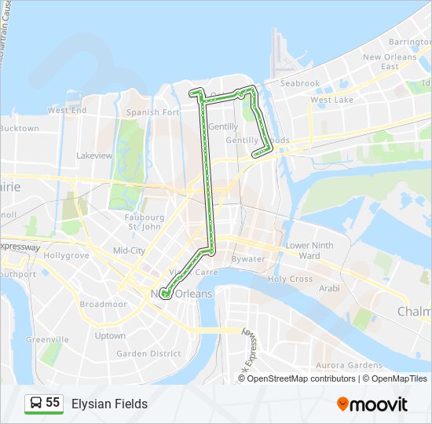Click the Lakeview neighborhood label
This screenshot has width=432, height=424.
click(x=94, y=155)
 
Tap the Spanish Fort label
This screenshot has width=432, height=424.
click(x=154, y=112)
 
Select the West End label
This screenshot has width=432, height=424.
click(x=67, y=111)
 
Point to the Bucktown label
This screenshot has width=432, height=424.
click(x=19, y=128)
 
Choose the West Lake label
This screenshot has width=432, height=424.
click(x=331, y=100)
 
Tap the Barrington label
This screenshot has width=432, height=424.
click(x=409, y=42)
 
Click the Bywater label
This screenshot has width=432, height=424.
click(x=249, y=258)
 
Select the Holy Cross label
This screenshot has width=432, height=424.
click(x=290, y=279)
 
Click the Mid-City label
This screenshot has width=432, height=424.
click(x=129, y=250)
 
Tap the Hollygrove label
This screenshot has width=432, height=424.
click(x=64, y=256)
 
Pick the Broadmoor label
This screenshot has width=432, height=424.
click(x=103, y=304)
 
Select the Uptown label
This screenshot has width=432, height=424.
click(x=110, y=335)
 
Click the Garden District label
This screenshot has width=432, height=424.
click(x=148, y=353)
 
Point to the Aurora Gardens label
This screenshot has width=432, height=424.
click(x=348, y=365)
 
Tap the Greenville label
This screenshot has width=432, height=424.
click(x=42, y=339)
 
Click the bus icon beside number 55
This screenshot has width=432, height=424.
click(x=36, y=403)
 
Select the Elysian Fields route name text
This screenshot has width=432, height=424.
click(x=109, y=404)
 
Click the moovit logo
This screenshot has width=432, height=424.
click(x=372, y=404)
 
